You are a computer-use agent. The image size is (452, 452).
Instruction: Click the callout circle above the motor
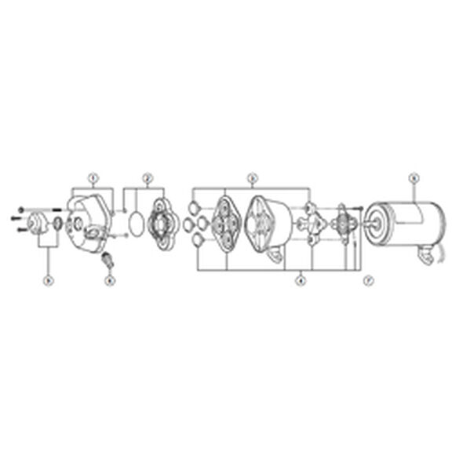tap(414, 177)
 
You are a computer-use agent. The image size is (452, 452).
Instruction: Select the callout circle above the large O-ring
tap(147, 177)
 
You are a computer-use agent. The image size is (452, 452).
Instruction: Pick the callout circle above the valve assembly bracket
tap(253, 177)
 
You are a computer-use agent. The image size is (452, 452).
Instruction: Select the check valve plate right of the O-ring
tap(164, 224)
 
